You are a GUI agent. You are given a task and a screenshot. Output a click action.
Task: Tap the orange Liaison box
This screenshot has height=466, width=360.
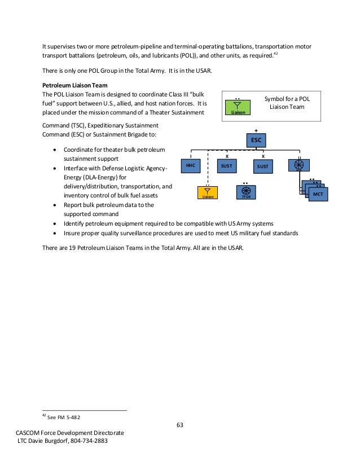[208, 193]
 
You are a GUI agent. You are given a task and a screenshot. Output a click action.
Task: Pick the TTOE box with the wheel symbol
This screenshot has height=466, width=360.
[245, 192]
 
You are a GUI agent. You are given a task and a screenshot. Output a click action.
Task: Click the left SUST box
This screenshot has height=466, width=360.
[227, 166]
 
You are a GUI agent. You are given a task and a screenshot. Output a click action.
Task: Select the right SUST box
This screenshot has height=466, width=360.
[262, 166]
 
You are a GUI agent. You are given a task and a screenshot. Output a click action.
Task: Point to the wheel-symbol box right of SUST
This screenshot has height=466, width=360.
[298, 165]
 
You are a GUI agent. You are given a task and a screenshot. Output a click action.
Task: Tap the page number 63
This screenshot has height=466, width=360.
[179, 425]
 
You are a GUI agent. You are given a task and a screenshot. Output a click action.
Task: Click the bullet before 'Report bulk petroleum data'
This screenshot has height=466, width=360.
[54, 205]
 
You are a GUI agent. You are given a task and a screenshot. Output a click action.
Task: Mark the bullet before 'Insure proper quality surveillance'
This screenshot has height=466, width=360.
[54, 233]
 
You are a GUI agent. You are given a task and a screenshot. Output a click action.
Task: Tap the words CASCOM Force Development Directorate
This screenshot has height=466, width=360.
[70, 432]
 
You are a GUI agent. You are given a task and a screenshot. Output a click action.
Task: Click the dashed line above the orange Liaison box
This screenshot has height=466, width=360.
[208, 169]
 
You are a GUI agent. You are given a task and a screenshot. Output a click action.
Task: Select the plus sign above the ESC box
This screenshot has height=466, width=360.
[257, 130]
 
